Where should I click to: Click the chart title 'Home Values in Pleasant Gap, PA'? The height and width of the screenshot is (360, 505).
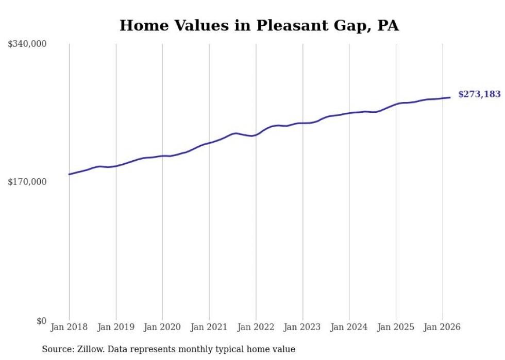259,25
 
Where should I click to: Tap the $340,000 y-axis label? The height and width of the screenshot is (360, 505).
27,44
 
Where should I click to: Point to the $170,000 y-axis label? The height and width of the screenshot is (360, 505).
27,182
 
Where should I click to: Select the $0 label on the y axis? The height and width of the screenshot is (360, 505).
41,321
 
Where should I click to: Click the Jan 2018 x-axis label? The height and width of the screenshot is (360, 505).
69,327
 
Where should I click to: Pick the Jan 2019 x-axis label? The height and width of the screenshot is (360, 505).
116,327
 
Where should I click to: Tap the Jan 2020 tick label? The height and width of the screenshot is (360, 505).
162,327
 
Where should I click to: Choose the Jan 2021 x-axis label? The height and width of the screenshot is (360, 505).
209,327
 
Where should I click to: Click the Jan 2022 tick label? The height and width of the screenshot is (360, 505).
256,327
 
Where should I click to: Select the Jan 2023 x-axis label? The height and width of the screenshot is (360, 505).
302,327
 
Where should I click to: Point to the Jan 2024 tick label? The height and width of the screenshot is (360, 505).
349,327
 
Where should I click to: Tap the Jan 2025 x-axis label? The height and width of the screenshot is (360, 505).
396,327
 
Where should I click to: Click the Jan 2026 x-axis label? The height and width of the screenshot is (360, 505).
443,327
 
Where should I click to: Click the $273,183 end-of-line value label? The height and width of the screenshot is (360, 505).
479,94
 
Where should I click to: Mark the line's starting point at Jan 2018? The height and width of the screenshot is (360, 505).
69,174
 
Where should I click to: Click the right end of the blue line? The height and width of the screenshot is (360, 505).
450,97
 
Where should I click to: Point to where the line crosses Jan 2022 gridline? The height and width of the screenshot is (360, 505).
256,135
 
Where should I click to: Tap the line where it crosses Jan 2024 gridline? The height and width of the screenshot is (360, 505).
349,113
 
